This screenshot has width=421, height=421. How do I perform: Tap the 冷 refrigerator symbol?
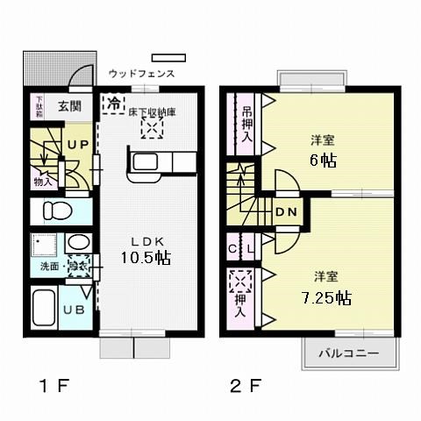[x=114, y=103]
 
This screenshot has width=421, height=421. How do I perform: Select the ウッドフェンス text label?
[x=142, y=75]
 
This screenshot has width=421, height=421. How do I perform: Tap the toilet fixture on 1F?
[x=55, y=211]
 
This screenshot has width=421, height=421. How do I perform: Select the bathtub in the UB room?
[x=44, y=309]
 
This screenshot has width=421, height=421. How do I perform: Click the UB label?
[x=76, y=310]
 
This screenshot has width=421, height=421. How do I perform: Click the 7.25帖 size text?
[x=327, y=298]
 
